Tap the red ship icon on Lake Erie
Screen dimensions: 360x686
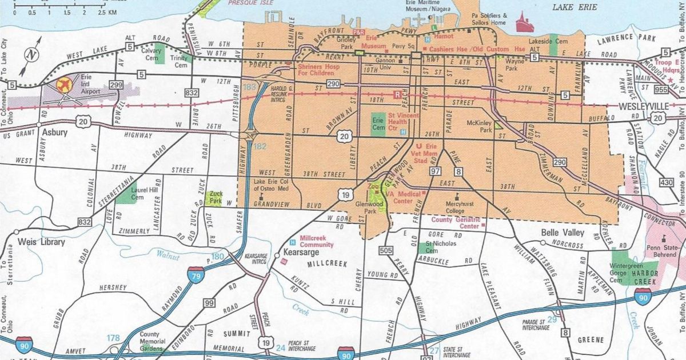click(x=524, y=24)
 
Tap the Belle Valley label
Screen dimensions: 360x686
click(x=563, y=233)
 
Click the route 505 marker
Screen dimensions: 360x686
click(x=386, y=250)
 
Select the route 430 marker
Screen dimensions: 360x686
click(x=666, y=182)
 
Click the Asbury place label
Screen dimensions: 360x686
click(x=55, y=133)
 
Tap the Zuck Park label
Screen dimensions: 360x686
click(x=215, y=198)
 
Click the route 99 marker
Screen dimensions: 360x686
click(x=209, y=303)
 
